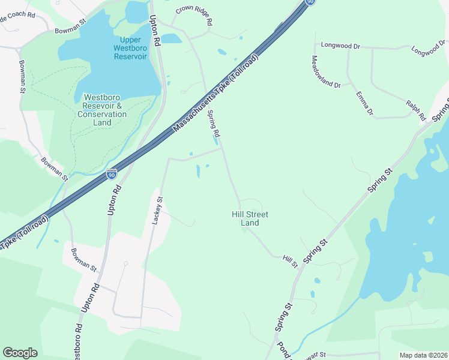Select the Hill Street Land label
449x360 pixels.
250,218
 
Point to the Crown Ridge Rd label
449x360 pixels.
194,16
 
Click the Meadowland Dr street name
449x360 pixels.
326,72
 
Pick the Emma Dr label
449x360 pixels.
364,104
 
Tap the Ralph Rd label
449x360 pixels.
415,110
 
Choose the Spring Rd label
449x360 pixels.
214,123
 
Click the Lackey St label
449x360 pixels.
157,210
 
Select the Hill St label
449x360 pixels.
291,261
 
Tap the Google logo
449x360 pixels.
20,353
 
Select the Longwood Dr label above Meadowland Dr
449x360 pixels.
340,45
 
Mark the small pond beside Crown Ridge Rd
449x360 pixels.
171,38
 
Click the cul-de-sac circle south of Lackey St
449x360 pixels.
125,263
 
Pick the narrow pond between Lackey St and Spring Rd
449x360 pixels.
197,172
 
